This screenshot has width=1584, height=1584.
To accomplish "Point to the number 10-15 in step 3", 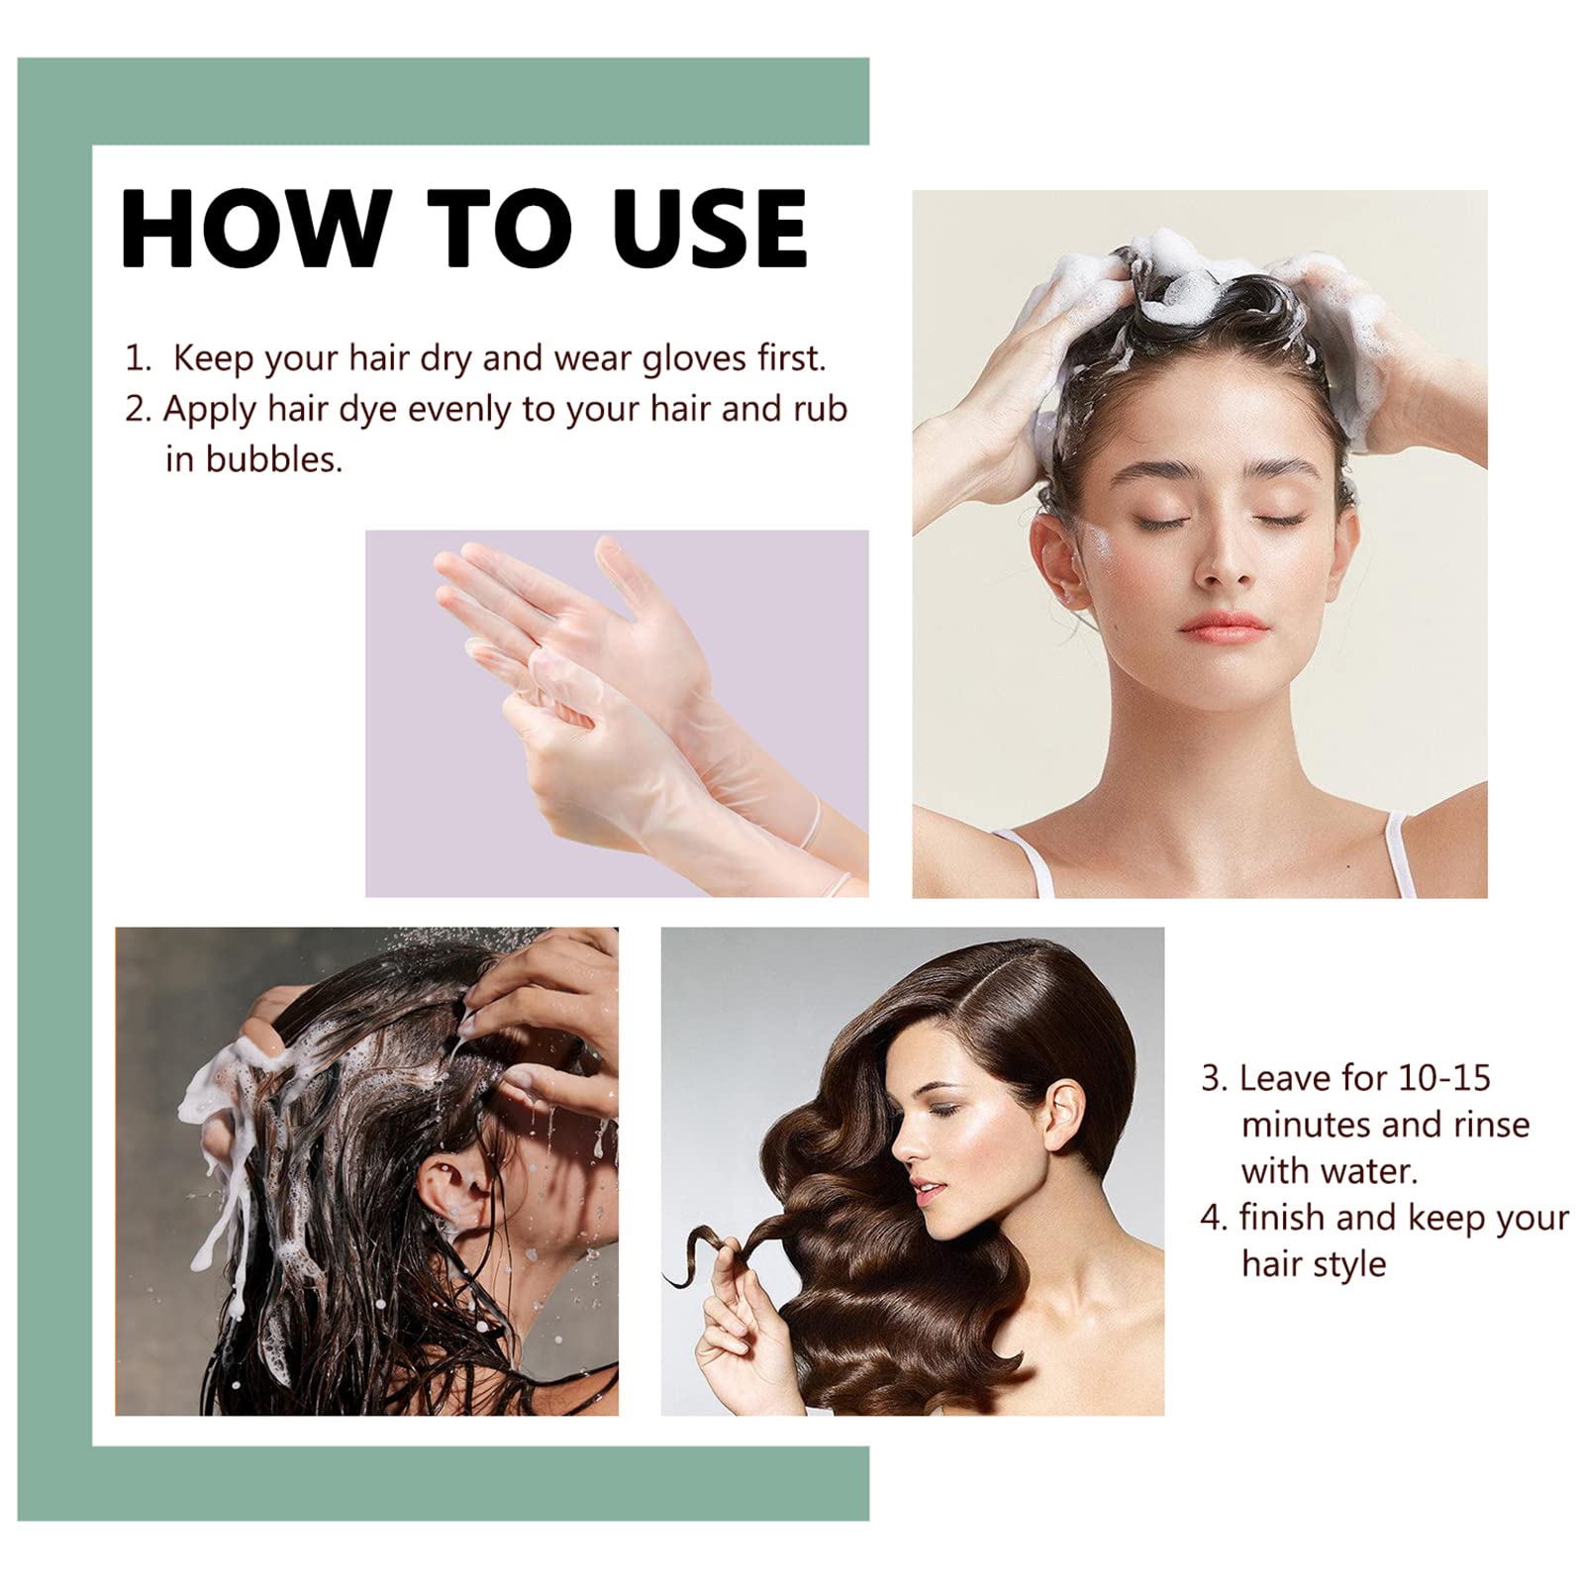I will coord(1444,1077).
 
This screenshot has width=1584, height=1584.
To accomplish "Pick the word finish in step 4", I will coord(1281,1217).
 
